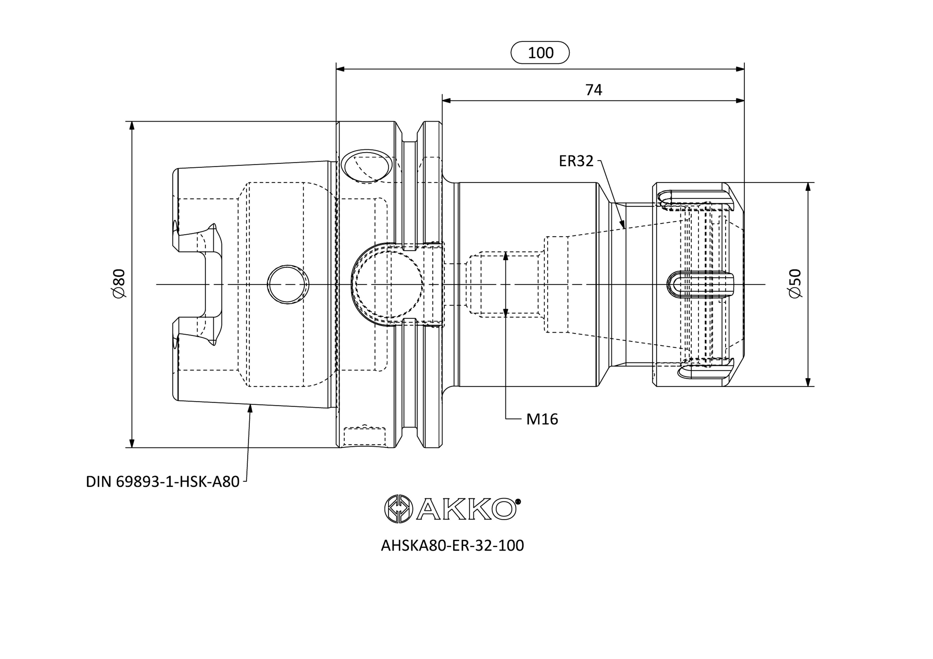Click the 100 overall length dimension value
540,53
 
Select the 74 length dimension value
593,90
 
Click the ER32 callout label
576,161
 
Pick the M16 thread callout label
542,419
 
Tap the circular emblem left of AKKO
399,508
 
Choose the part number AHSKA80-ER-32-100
452,545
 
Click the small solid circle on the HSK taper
288,284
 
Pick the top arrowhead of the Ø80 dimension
132,126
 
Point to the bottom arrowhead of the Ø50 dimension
808,381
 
